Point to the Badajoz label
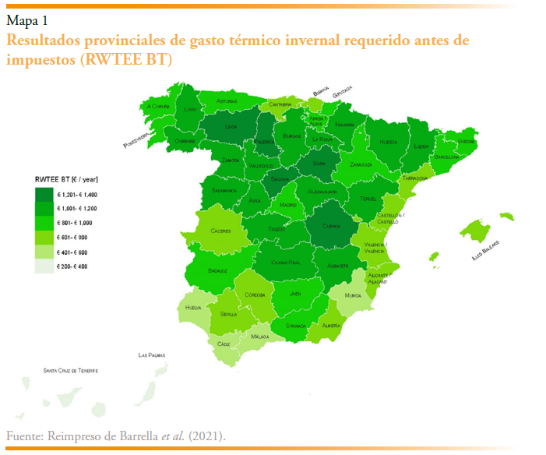(x=217, y=271)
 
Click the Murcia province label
(x=353, y=295)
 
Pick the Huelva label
(x=193, y=309)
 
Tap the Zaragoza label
(x=361, y=165)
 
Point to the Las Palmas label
(x=152, y=355)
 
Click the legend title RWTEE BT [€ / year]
(x=67, y=180)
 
